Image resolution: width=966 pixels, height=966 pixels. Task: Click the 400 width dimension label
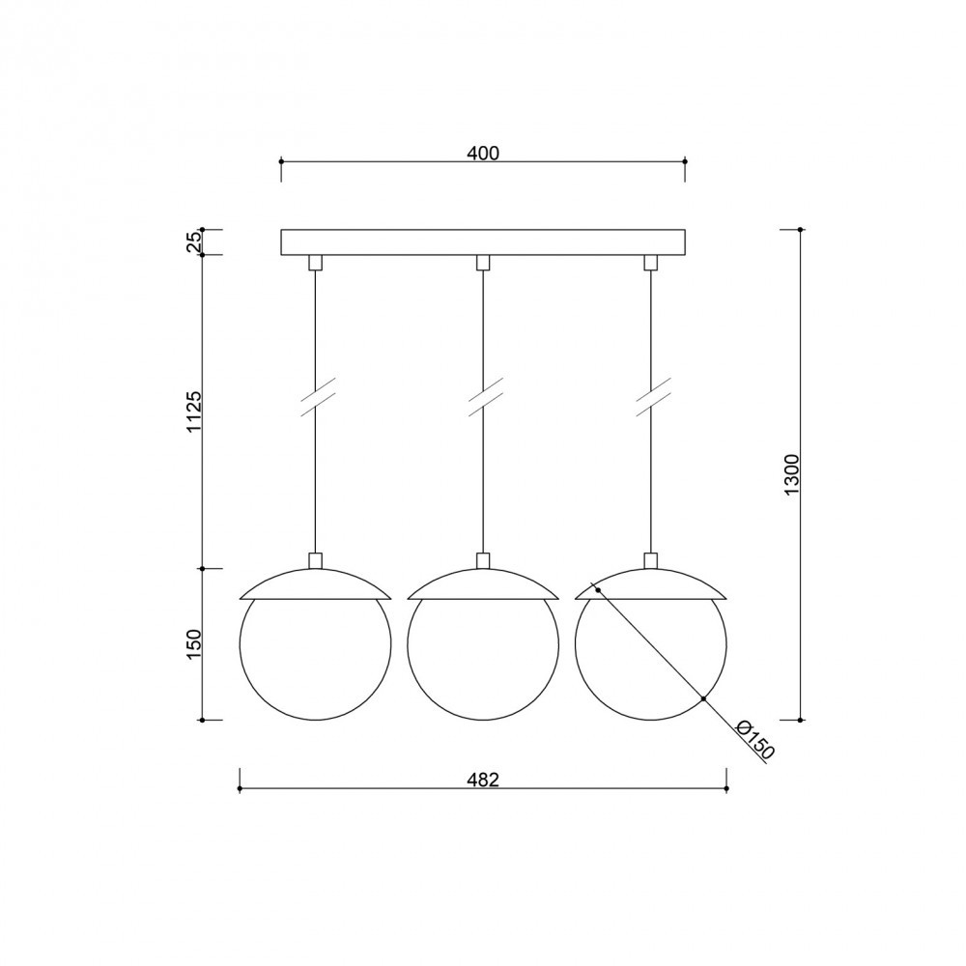pos(482,153)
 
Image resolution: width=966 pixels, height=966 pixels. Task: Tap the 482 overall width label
pos(482,780)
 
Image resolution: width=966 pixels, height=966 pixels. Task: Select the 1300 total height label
pos(792,474)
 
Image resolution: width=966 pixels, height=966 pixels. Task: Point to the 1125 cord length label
pos(194,411)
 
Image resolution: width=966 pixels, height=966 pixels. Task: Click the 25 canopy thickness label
pos(194,242)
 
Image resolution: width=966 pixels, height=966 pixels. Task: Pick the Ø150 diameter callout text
pos(754,740)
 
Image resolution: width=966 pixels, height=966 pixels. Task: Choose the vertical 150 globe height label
pos(194,643)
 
